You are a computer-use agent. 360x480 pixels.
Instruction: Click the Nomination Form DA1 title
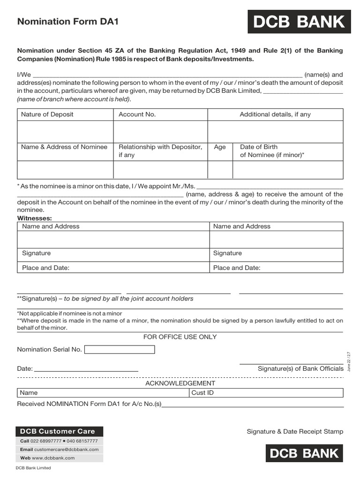tap(65, 22)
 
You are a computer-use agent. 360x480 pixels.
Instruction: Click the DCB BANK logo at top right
tap(299, 22)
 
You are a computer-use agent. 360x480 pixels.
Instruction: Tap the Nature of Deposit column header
tap(47, 114)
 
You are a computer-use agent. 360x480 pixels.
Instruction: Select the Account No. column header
tap(137, 114)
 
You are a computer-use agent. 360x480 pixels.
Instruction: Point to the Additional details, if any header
tap(275, 114)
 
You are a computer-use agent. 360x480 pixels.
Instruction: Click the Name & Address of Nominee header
tap(64, 147)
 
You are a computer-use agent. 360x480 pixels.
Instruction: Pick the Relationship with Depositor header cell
tap(160, 151)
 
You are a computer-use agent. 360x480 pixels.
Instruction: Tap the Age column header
tap(220, 147)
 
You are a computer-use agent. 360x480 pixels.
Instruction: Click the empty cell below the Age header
tap(220, 170)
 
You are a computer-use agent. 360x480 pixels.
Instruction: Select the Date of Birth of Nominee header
tap(272, 151)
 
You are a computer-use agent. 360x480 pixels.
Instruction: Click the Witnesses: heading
tap(35, 218)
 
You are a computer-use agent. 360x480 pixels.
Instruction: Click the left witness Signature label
tap(37, 253)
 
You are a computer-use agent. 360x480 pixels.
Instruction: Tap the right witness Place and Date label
tap(237, 268)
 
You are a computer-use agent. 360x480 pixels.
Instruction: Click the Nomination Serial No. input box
tap(120, 350)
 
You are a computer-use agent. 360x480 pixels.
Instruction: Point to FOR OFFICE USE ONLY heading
tap(180, 337)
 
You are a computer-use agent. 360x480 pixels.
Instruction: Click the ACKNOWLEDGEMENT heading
tap(180, 383)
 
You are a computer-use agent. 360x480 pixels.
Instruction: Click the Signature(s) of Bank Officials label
tap(300, 369)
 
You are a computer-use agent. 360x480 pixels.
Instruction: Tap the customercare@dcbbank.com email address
tap(66, 450)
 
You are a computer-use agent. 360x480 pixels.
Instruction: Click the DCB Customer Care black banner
tap(60, 431)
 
